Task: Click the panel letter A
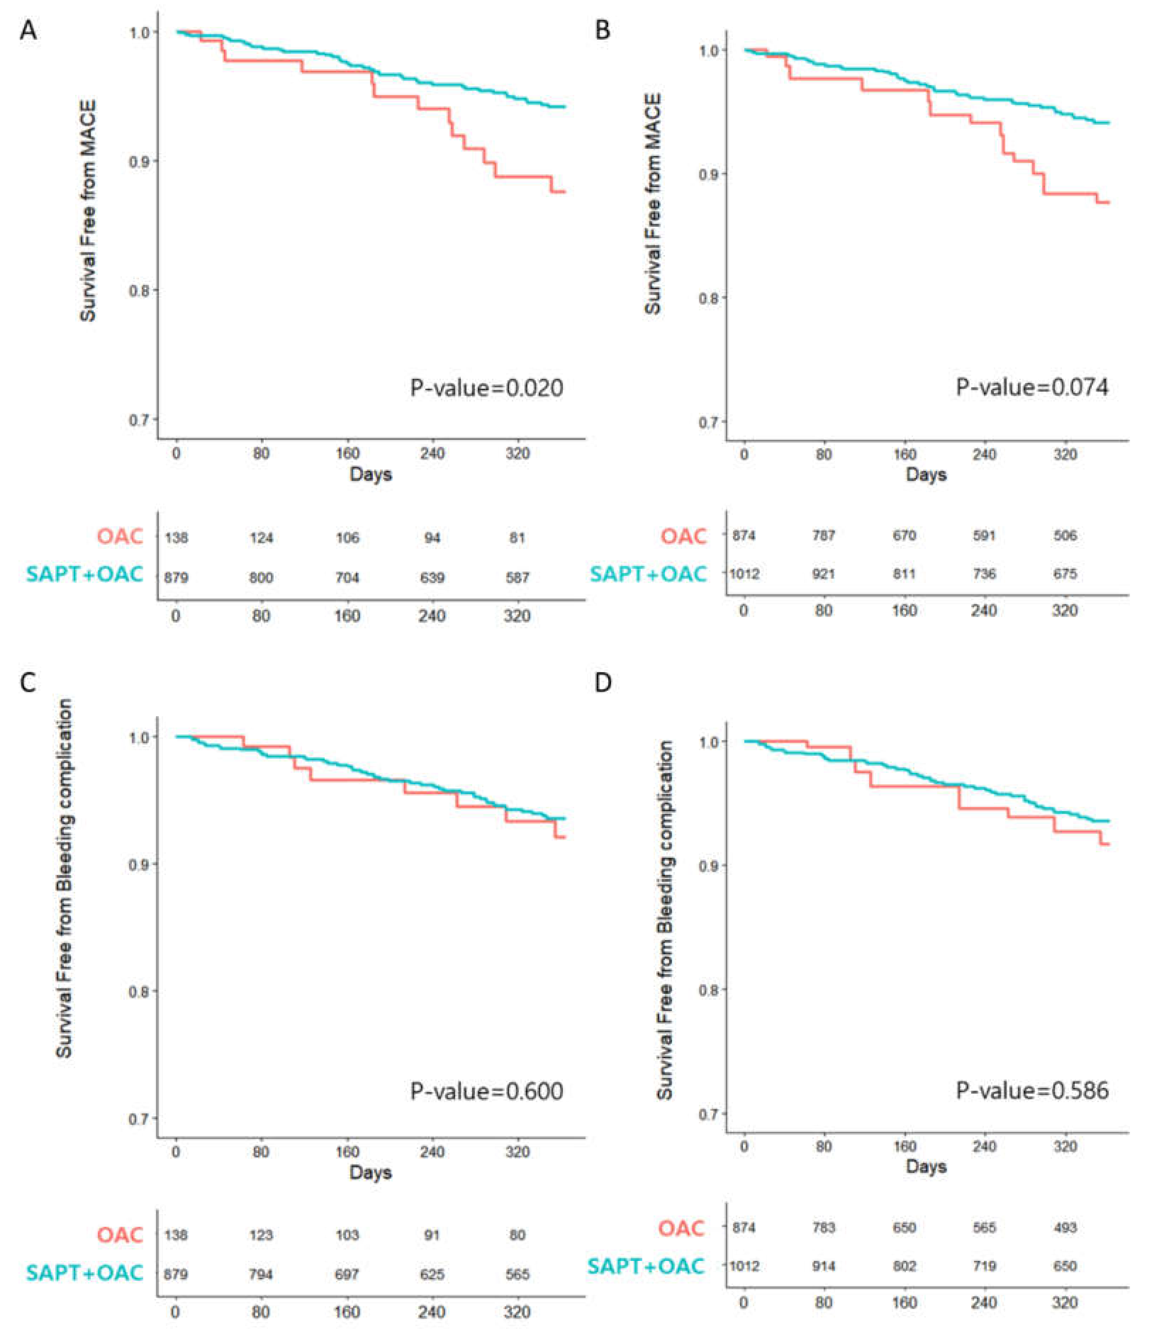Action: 28,31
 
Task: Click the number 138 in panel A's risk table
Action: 176,538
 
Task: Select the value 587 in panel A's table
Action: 517,578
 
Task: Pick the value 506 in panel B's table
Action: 1065,536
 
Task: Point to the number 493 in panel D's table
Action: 1065,1228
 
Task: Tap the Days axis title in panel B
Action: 926,475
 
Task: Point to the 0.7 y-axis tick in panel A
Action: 139,419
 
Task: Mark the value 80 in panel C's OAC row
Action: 517,1235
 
